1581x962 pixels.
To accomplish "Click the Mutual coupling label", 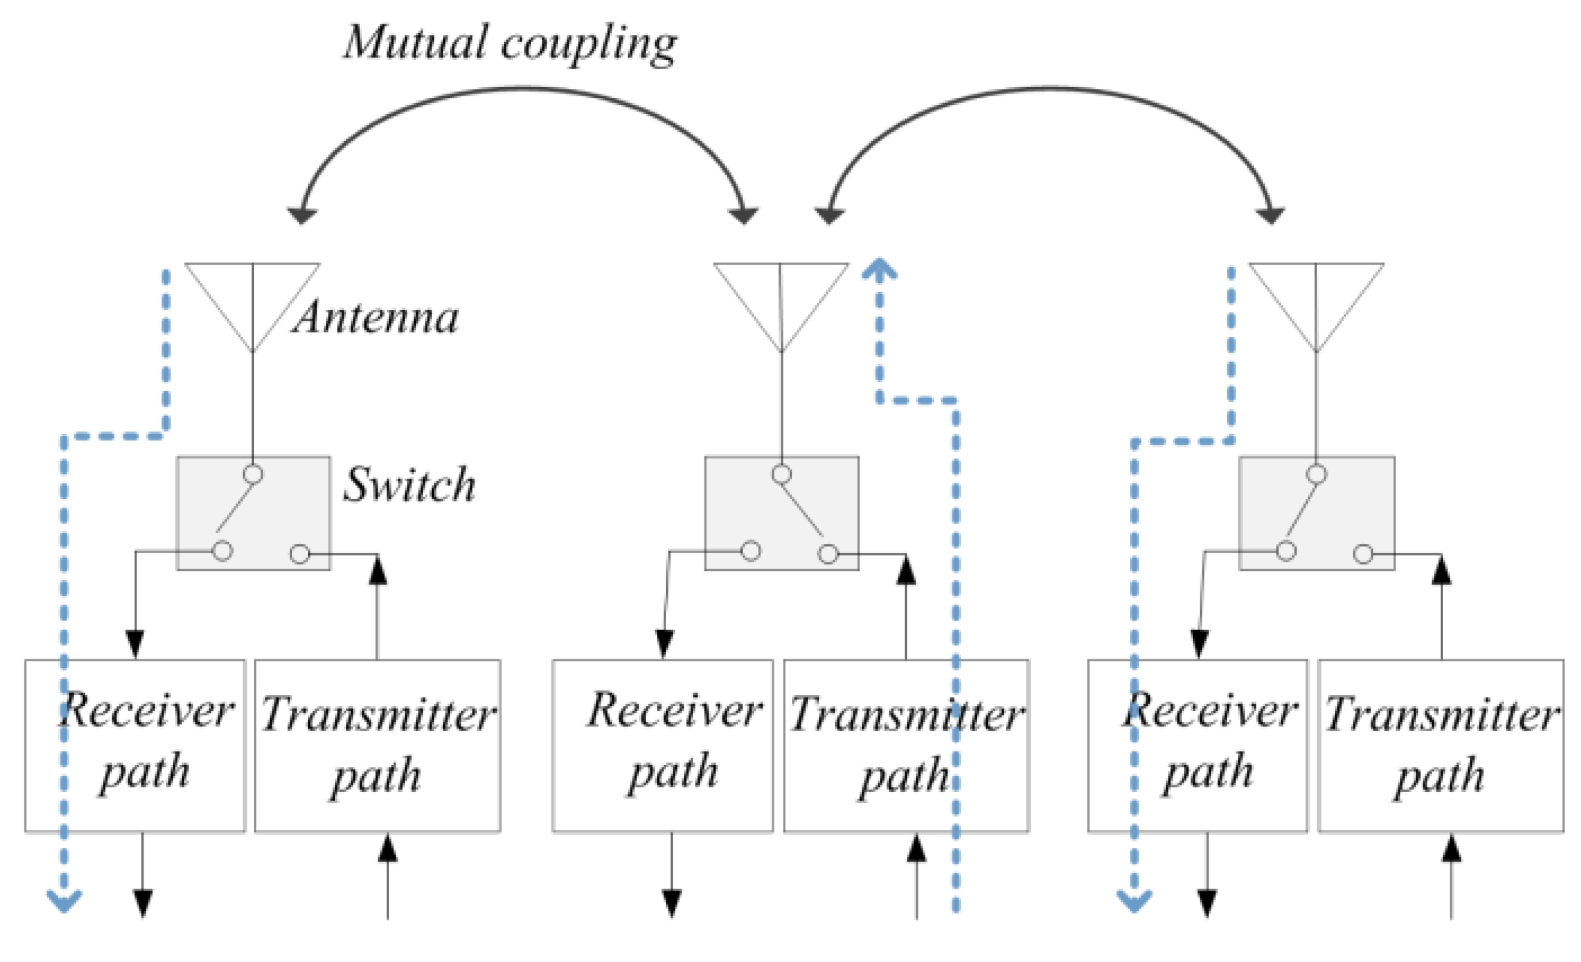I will pyautogui.click(x=509, y=44).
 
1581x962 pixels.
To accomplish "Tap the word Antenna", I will pyautogui.click(x=375, y=318).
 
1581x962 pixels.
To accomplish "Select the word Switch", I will pyautogui.click(x=409, y=485).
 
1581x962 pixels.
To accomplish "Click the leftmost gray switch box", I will pyautogui.click(x=253, y=513).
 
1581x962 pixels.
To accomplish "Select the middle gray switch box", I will pyautogui.click(x=782, y=513).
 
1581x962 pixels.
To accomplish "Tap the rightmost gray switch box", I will pyautogui.click(x=1317, y=513).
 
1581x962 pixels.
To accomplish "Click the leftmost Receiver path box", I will pyautogui.click(x=135, y=745).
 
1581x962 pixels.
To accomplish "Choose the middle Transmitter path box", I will pyautogui.click(x=906, y=745).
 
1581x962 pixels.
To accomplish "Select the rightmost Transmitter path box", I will pyautogui.click(x=1441, y=745).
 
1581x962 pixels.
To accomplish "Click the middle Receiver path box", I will pyautogui.click(x=662, y=745).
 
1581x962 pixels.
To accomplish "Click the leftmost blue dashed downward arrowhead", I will pyautogui.click(x=64, y=901).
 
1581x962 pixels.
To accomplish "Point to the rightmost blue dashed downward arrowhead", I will pyautogui.click(x=1134, y=901).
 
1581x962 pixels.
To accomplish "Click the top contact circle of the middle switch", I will pyautogui.click(x=782, y=474).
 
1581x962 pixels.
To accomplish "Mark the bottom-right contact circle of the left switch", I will pyautogui.click(x=300, y=554).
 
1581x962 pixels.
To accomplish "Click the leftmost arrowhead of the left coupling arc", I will pyautogui.click(x=302, y=215).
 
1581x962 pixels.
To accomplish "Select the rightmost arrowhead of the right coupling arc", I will pyautogui.click(x=1270, y=215).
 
